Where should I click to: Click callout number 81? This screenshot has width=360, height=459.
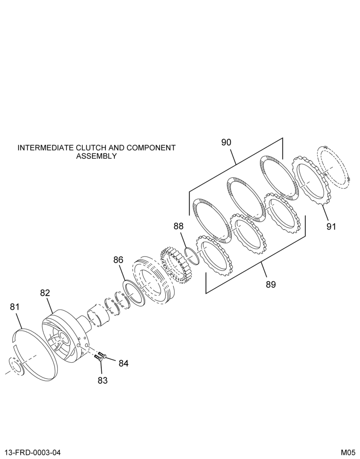pos(15,307)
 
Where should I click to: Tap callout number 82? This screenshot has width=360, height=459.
pos(45,293)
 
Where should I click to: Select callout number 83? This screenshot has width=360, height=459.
pos(102,381)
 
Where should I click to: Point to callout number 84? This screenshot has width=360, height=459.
pos(124,363)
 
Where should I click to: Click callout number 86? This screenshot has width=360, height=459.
pos(118,260)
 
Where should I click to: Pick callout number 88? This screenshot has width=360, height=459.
pos(178,226)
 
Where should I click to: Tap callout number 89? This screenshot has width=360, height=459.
pos(271,285)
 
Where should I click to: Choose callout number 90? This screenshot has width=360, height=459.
pos(226,143)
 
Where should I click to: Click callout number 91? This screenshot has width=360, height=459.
pos(331,227)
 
